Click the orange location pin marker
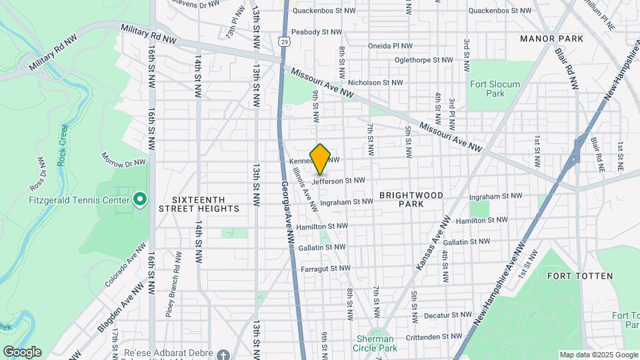321,159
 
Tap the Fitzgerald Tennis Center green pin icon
140,199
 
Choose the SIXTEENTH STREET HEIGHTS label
199,204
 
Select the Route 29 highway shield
285,42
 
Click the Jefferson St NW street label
338,181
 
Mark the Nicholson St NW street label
375,83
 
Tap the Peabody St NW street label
315,31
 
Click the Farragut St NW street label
325,268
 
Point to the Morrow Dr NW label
123,159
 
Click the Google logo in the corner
21,352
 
